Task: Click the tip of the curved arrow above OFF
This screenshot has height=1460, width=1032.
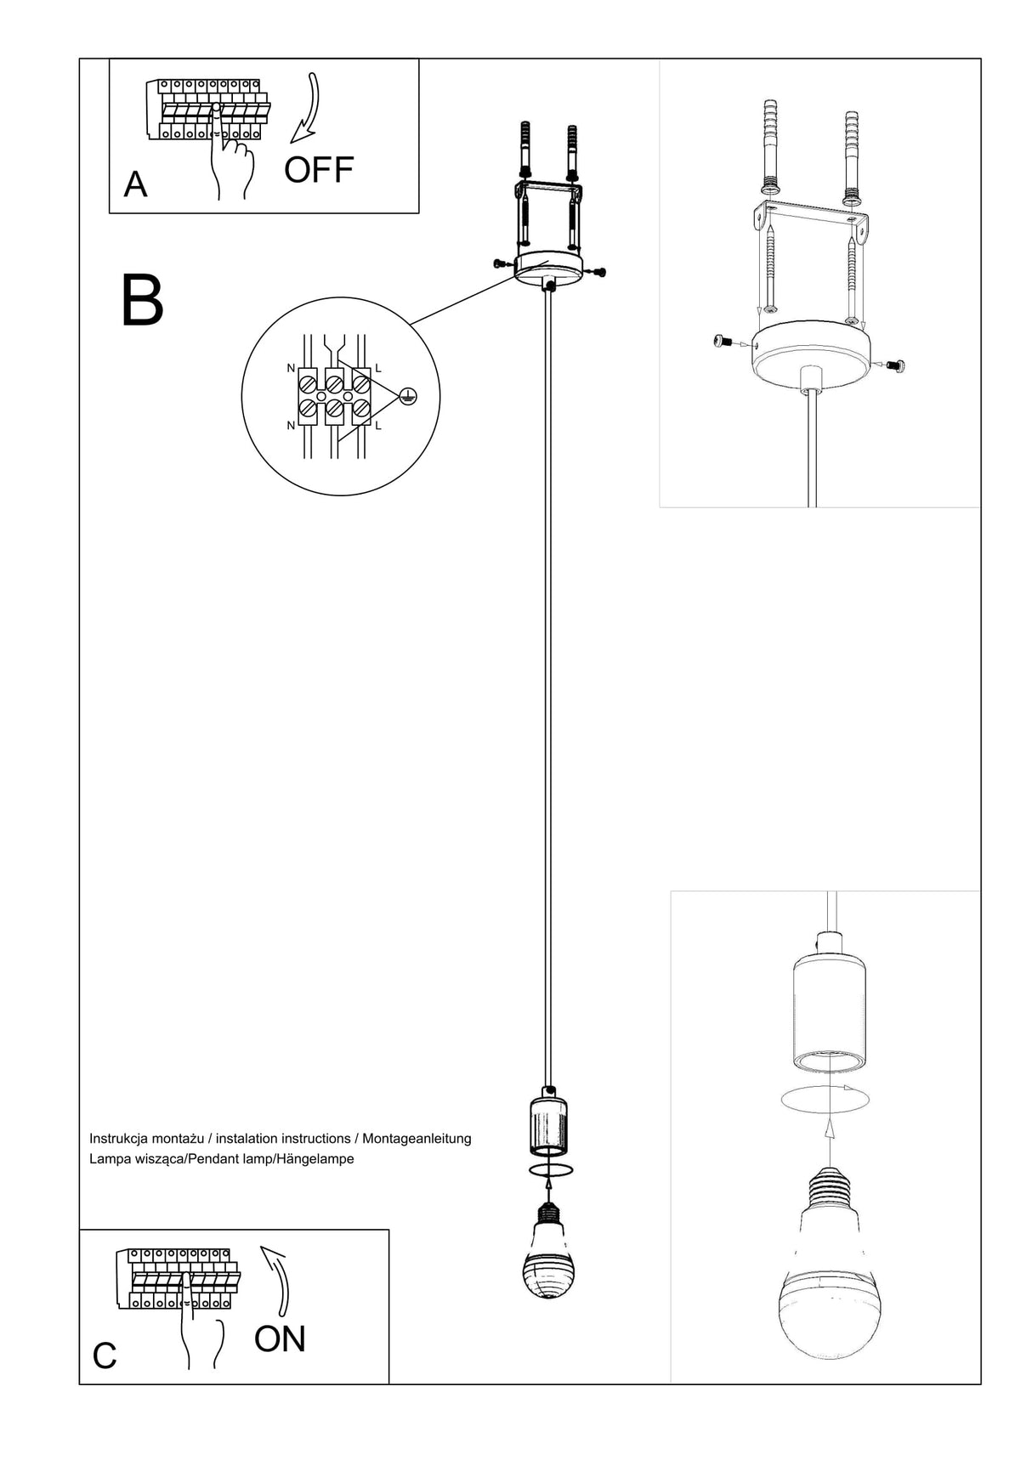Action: click(292, 142)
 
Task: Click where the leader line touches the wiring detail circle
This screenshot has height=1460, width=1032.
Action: click(411, 325)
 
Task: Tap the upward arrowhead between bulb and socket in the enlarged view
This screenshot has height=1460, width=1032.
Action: click(831, 1128)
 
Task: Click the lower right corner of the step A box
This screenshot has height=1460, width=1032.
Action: click(419, 212)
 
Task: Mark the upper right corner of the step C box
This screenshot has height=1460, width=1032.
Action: click(389, 1229)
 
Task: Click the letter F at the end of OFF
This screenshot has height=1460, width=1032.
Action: click(343, 170)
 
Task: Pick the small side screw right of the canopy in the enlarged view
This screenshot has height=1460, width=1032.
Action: click(895, 365)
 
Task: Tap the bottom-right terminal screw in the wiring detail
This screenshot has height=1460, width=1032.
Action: click(360, 411)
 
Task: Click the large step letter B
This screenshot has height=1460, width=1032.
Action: click(142, 300)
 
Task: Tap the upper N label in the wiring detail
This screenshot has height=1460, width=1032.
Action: click(291, 370)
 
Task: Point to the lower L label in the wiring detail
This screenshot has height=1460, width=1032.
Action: click(378, 425)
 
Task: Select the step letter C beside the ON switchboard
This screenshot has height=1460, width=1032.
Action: click(105, 1356)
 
